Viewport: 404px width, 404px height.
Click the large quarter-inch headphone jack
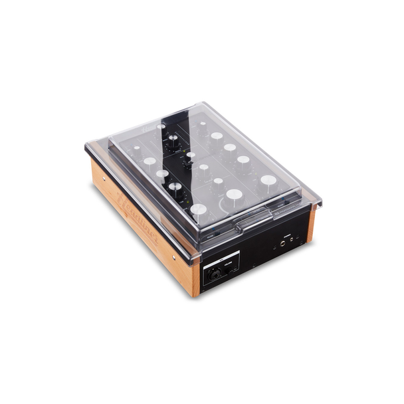(282, 244)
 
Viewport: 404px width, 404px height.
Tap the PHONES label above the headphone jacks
(287, 235)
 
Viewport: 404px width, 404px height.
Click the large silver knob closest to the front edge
(199, 211)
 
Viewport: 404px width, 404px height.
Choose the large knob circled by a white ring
(234, 195)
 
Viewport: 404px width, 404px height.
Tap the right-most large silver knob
(268, 180)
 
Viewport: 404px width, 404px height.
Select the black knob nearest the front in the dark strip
(175, 187)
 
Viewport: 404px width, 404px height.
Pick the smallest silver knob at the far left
(137, 150)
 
